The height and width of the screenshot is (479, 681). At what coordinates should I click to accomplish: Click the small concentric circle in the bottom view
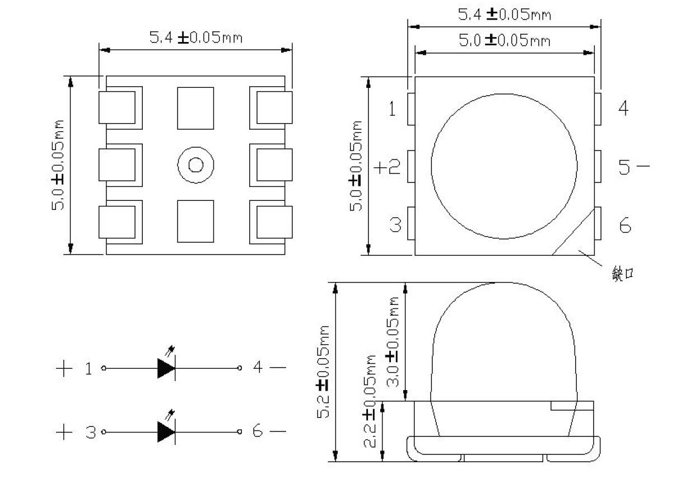tap(196, 165)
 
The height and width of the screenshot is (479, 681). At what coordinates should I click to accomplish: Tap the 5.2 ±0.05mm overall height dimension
tap(324, 372)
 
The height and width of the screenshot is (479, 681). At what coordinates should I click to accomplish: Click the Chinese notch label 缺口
tap(623, 275)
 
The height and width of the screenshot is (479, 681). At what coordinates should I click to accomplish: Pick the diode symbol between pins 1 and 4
tap(166, 368)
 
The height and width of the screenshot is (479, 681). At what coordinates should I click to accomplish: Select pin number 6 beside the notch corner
tap(624, 226)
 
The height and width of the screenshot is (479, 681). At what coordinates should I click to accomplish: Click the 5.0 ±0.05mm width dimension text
tap(504, 40)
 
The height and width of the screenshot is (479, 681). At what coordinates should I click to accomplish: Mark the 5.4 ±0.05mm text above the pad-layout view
tap(195, 37)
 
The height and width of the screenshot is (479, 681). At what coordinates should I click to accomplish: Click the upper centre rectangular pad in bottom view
tap(195, 108)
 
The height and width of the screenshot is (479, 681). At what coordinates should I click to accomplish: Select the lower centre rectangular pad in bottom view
tap(195, 222)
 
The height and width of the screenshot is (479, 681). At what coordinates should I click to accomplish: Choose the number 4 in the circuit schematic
tap(258, 368)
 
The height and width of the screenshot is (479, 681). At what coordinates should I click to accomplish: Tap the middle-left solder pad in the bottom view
tap(118, 165)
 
